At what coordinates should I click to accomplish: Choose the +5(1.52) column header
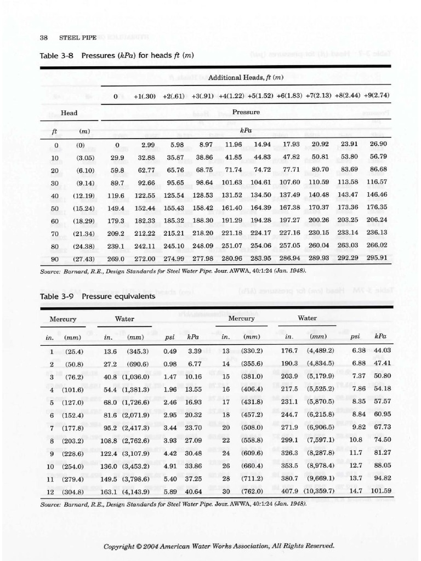261,96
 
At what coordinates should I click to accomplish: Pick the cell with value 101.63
231,182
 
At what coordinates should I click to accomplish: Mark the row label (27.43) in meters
84,259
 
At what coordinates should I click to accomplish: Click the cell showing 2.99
148,145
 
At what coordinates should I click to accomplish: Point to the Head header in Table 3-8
69,113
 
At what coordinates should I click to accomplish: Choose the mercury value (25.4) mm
73,351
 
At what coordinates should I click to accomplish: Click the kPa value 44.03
382,351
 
